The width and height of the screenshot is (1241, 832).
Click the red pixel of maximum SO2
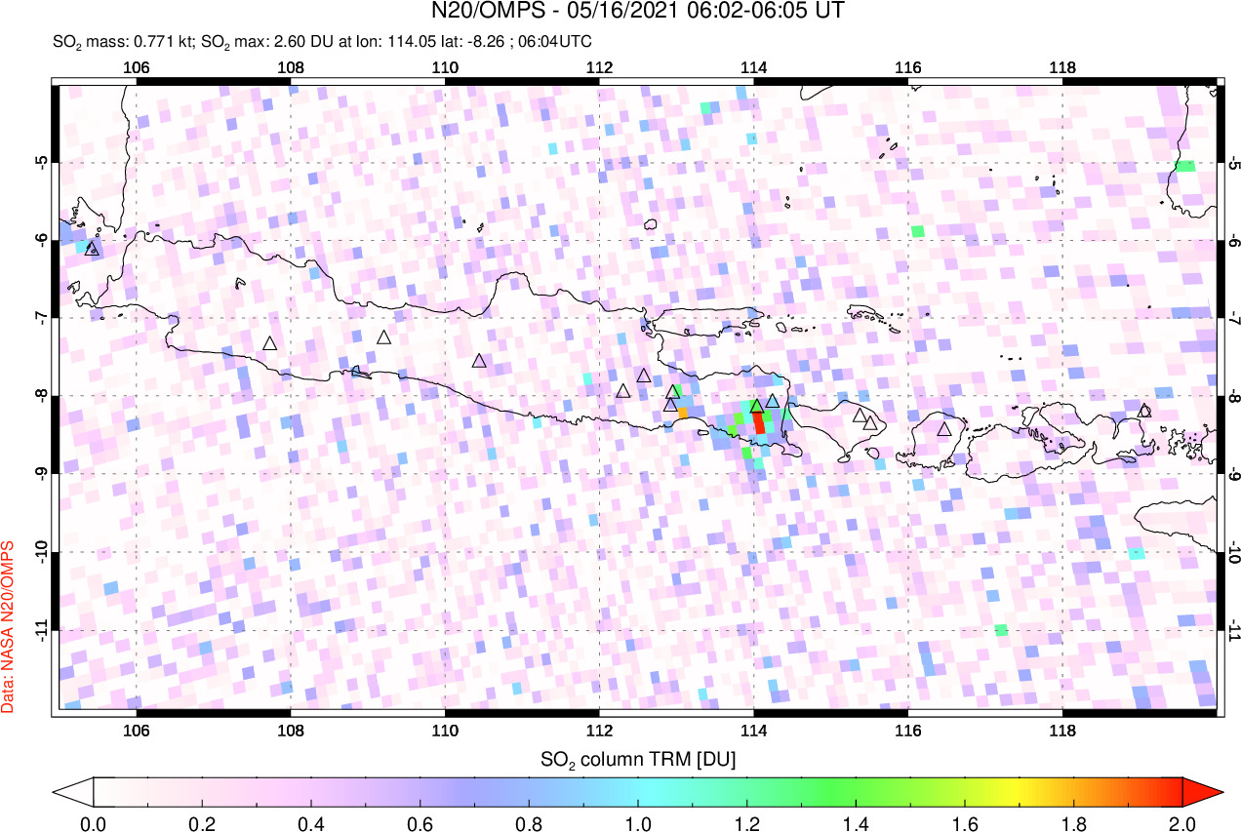(759, 423)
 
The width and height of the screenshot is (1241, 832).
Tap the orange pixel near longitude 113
(683, 413)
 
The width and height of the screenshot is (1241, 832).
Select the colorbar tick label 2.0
(1181, 821)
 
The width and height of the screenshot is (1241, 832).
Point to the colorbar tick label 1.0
(638, 821)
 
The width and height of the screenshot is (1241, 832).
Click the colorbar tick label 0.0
(94, 821)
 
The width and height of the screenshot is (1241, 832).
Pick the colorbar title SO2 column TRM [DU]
(639, 758)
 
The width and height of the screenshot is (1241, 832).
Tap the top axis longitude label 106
(137, 67)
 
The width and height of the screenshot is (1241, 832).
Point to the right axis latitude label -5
(1232, 162)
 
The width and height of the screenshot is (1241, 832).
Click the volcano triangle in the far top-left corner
(93, 249)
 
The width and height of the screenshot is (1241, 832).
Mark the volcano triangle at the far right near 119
(1144, 411)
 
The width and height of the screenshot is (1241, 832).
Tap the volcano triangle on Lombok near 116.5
(943, 428)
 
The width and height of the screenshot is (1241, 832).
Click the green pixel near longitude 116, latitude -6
(917, 231)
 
